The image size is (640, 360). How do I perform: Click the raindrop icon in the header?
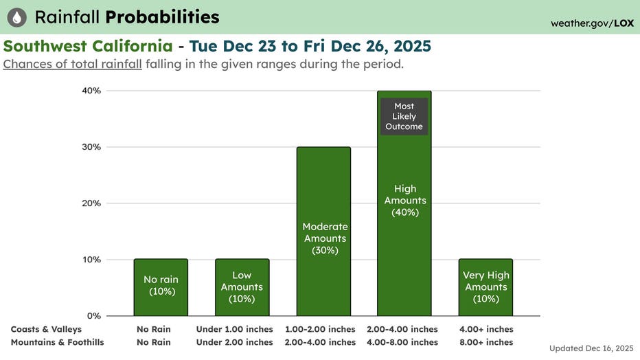tap(17, 17)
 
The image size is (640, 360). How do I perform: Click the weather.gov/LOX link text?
tap(592, 23)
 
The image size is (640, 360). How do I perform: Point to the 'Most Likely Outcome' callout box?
tap(404, 116)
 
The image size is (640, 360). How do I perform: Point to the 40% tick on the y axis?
tap(92, 91)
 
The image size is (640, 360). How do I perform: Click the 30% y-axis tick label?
tap(92, 147)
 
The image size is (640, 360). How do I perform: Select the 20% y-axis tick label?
tap(92, 203)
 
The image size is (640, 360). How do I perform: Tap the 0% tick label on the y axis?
tap(94, 316)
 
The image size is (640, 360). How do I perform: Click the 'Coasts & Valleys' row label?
tap(46, 329)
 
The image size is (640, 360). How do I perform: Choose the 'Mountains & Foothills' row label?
tap(57, 342)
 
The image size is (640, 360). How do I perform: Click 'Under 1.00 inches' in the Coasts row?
tap(235, 329)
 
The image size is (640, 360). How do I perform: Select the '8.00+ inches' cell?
tap(486, 342)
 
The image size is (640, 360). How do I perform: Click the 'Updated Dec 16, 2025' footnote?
tap(592, 349)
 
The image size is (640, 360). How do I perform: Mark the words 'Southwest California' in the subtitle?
tap(89, 46)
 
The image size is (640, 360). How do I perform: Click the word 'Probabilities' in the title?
tap(163, 17)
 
